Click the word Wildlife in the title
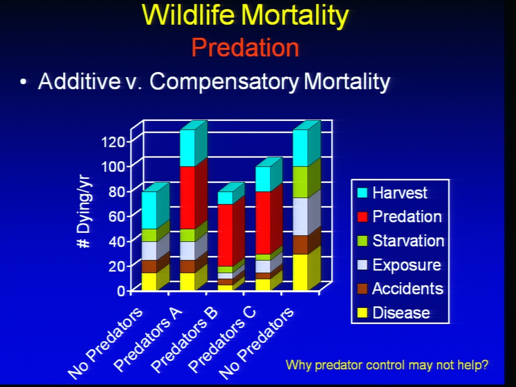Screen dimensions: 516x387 pos(188,15)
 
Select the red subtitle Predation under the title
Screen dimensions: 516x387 pos(245,48)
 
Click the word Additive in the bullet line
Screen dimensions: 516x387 pos(80,81)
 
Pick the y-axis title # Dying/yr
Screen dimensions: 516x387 pos(84,213)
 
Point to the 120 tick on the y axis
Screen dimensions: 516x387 pos(113,142)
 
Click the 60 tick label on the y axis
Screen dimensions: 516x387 pos(117,217)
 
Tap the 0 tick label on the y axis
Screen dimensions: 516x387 pos(121,291)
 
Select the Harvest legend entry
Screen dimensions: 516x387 pos(392,192)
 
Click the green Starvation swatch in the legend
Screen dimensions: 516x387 pos(362,241)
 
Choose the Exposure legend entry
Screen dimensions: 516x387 pos(399,265)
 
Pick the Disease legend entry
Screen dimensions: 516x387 pos(393,313)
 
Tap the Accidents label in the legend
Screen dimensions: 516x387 pos(408,289)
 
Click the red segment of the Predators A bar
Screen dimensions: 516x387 pos(187,197)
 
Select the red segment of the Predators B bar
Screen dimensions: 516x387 pos(225,235)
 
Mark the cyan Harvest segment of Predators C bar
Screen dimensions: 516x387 pos(263,178)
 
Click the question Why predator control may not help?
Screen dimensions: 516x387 pos(387,365)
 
